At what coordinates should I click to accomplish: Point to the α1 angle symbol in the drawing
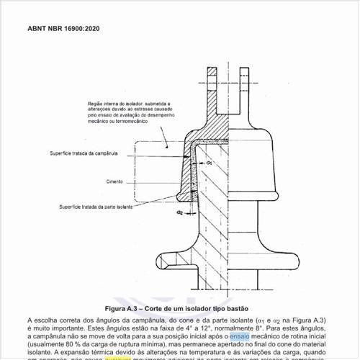pos(209,163)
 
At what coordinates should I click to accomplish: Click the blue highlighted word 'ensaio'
pos(240,336)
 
